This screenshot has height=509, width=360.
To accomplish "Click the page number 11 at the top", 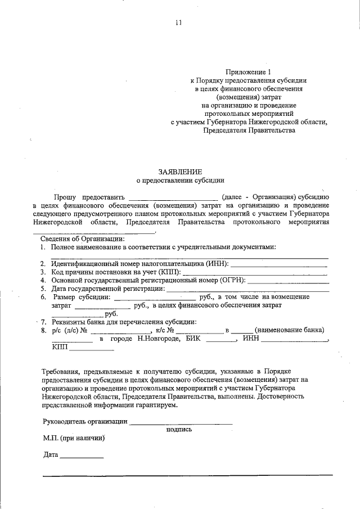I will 178,23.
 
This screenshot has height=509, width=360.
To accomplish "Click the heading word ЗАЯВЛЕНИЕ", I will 179,171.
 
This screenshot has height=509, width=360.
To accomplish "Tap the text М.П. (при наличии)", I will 74,438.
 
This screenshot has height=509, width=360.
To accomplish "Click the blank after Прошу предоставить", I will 173,197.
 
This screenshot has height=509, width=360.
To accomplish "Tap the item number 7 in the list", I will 43,322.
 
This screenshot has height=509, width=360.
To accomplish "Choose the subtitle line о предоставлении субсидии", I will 180,181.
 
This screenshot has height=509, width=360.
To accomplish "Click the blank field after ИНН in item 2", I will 279,264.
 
